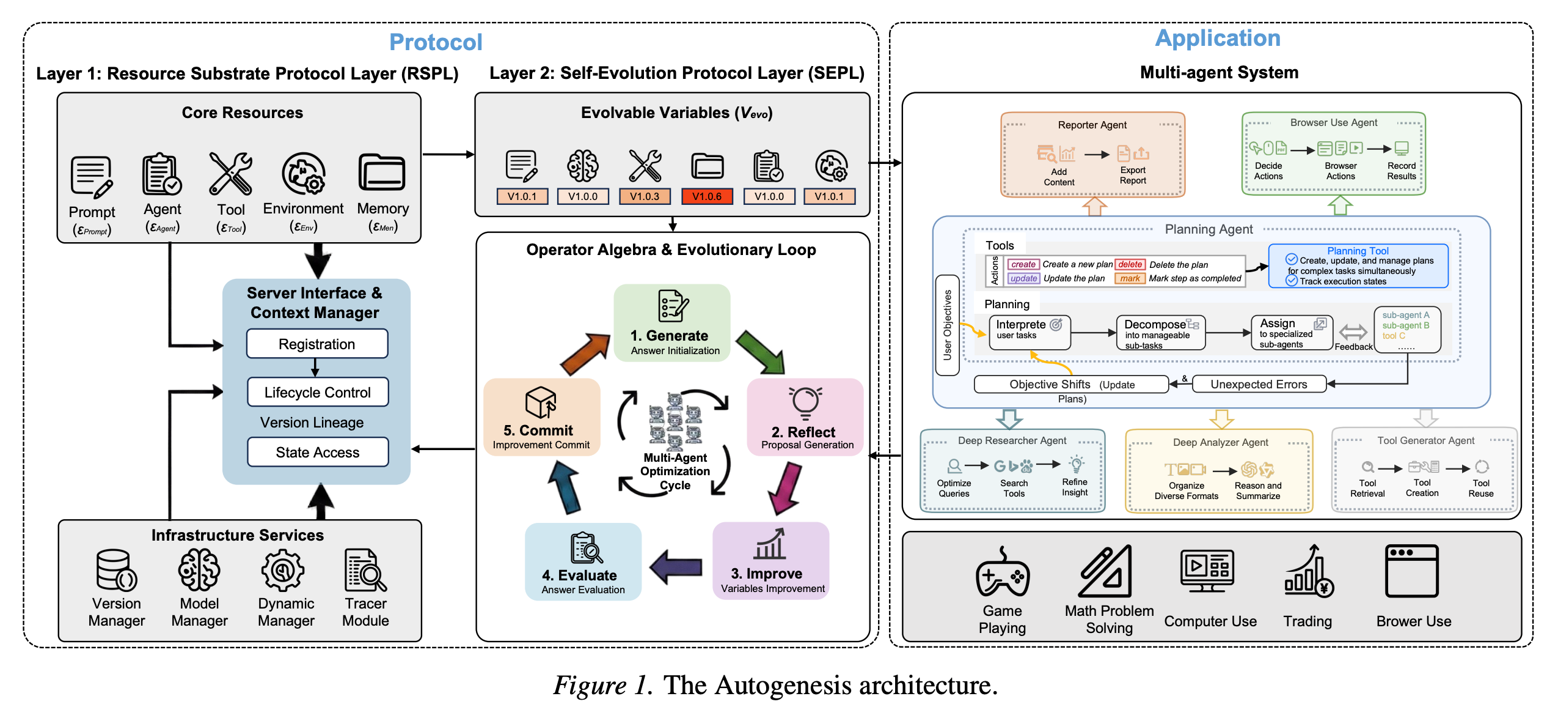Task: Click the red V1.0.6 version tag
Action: point(707,196)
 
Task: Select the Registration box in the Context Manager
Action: point(316,344)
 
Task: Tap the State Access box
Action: point(317,453)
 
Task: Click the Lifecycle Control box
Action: point(317,393)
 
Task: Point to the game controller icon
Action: point(1003,572)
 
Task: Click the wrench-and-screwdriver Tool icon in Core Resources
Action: point(230,174)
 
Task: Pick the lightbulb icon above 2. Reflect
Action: point(805,402)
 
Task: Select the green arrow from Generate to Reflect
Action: point(760,352)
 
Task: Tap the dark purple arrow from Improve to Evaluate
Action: point(676,567)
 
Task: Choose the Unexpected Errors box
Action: point(1259,385)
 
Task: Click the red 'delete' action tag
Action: point(1130,265)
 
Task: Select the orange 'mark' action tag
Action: point(1130,279)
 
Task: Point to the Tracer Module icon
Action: point(365,570)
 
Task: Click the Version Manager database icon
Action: point(116,570)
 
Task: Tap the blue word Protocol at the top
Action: point(436,42)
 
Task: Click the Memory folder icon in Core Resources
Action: point(382,173)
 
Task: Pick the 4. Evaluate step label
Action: point(579,576)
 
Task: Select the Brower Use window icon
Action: point(1412,571)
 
